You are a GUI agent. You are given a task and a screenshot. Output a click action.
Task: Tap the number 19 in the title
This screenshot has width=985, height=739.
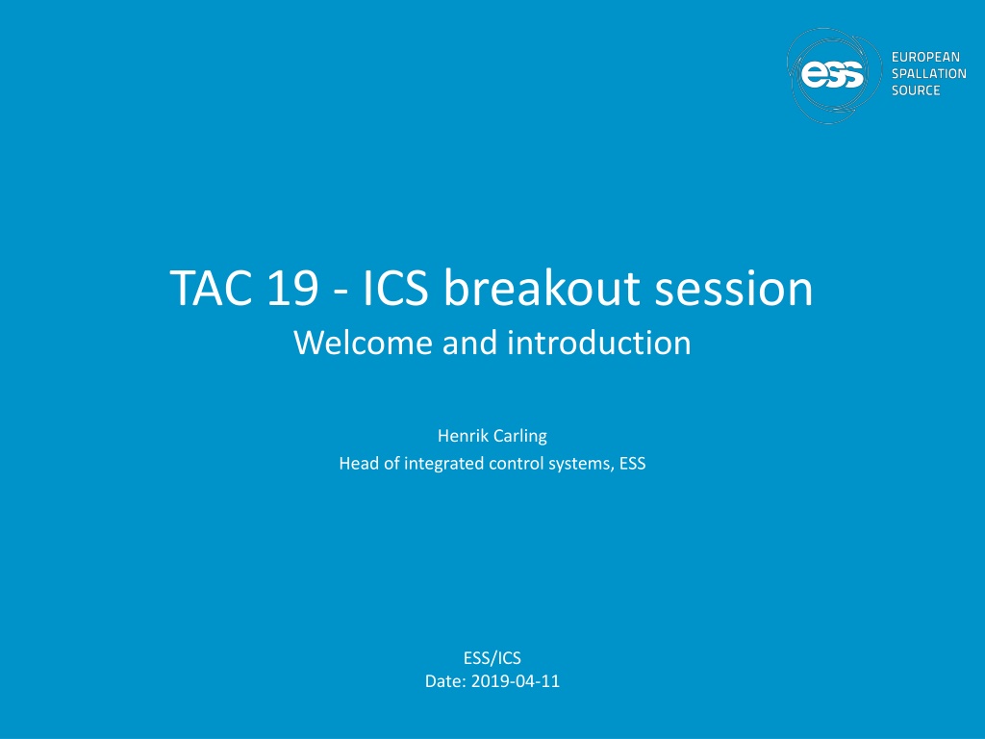(x=292, y=289)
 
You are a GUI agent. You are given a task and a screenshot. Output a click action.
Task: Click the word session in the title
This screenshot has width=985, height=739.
(x=734, y=289)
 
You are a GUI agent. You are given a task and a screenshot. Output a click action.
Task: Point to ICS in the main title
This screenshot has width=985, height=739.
(x=395, y=289)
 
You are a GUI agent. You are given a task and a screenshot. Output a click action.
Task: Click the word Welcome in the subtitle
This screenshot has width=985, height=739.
(x=363, y=343)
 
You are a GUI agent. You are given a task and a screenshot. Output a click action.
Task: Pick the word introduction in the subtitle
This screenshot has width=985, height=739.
(x=599, y=343)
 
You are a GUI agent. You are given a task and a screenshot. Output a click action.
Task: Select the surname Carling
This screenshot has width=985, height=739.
(x=520, y=437)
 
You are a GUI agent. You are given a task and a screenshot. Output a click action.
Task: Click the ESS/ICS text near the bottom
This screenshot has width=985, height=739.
(x=492, y=658)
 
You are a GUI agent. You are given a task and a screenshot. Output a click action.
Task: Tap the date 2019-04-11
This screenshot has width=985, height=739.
(x=516, y=681)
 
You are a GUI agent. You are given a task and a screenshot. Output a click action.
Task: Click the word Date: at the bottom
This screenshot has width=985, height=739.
(x=445, y=681)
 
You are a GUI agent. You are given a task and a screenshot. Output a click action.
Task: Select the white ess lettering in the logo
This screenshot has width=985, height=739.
(x=832, y=75)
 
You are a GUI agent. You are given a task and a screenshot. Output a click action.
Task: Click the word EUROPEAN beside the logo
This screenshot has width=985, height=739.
(x=925, y=57)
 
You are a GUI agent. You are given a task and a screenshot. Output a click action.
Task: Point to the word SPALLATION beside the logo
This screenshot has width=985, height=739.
(x=929, y=73)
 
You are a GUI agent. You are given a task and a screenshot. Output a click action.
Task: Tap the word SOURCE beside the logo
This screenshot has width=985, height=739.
(x=916, y=90)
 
